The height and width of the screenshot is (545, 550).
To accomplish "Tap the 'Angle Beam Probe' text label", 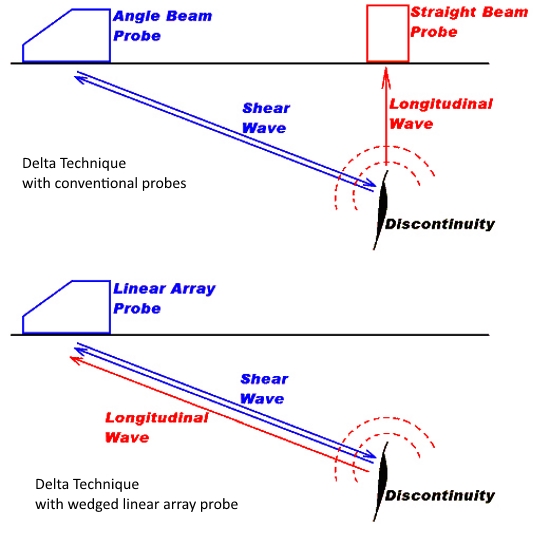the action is (x=162, y=26).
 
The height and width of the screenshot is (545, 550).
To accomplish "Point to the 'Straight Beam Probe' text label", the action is (x=469, y=22).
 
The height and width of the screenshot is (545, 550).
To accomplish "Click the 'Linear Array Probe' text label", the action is (x=164, y=298).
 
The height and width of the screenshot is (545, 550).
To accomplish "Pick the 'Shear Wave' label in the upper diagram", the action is (x=266, y=118).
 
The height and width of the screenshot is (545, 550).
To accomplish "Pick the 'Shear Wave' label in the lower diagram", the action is (x=264, y=389).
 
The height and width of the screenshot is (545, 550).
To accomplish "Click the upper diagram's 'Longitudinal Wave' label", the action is (x=441, y=114).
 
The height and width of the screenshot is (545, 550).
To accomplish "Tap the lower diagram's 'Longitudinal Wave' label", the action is (x=156, y=427).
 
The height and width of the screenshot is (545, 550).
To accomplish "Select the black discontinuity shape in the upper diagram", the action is (x=381, y=210).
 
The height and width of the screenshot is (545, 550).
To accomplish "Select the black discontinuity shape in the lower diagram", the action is (x=381, y=482).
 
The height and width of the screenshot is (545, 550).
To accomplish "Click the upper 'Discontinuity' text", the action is (x=440, y=224).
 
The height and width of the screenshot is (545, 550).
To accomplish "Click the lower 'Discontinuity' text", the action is (x=440, y=496).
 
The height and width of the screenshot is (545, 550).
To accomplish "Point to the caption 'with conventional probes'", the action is (x=104, y=183).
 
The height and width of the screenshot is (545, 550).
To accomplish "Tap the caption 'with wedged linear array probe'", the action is (x=136, y=504).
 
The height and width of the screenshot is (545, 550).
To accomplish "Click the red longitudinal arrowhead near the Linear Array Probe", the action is (x=75, y=360).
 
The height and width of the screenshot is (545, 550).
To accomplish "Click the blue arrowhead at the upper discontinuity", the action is (x=370, y=183).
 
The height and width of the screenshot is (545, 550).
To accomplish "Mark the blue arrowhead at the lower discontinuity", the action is (x=370, y=454).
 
